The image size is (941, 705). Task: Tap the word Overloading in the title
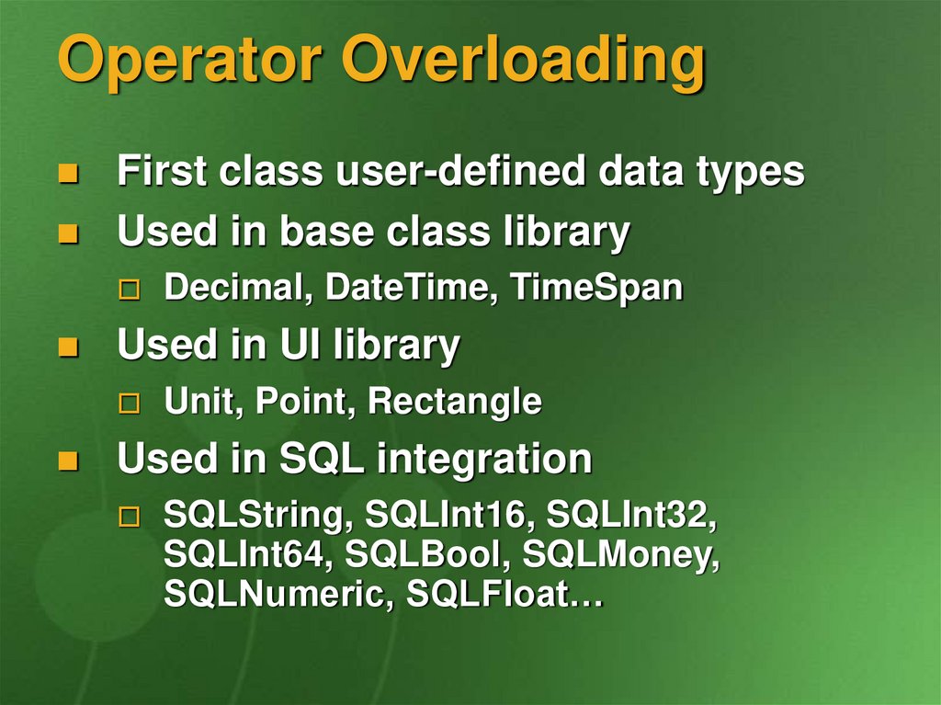[x=523, y=60]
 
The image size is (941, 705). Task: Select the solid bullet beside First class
[x=68, y=173]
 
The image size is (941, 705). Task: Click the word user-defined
[x=460, y=170]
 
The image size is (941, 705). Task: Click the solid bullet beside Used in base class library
[x=68, y=233]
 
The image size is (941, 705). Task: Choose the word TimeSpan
[x=596, y=287]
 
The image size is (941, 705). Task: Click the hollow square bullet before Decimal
[x=129, y=290]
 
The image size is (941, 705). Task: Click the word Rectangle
[x=455, y=401]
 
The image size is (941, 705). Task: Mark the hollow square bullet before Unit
[x=129, y=404]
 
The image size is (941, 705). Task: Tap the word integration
[x=485, y=459]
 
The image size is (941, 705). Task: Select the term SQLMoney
[x=621, y=554]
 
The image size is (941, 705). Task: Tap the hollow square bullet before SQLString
[x=129, y=517]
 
